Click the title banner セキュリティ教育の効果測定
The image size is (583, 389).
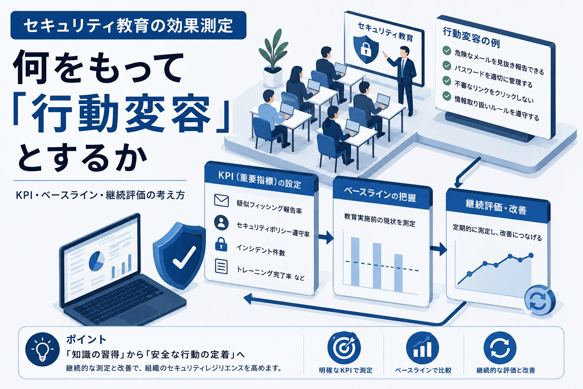(128, 25)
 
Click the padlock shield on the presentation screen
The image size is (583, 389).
(366, 49)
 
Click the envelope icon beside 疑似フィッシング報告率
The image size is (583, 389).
(222, 201)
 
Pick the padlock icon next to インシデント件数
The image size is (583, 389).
(221, 244)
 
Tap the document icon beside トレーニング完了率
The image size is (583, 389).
(221, 266)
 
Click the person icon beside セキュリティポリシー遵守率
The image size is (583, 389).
(221, 223)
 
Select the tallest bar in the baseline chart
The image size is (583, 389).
(355, 261)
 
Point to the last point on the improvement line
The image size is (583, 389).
(531, 255)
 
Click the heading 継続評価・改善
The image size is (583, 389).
(496, 207)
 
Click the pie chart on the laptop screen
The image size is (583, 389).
(97, 261)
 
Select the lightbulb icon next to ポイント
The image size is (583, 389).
(43, 349)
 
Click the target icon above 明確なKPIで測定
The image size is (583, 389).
(344, 348)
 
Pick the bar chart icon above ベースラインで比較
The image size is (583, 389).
(422, 348)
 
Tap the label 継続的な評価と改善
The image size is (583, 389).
(506, 370)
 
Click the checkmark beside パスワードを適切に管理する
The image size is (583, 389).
(447, 65)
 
